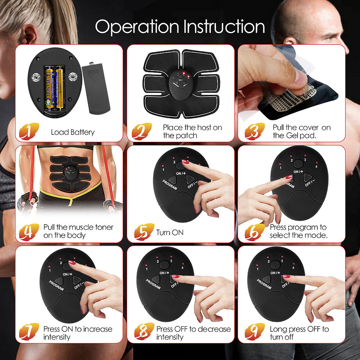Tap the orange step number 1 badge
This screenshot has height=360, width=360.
[x=29, y=131]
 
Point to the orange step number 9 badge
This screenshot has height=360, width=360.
[x=255, y=332]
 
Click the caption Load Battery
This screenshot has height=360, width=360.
[x=73, y=132]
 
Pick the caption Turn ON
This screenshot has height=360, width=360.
[x=170, y=233]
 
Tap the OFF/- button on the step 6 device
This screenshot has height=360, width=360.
[x=307, y=178]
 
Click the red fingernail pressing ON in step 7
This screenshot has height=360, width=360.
[x=72, y=263]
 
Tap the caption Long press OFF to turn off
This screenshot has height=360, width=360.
[x=299, y=333]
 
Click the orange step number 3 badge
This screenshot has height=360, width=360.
[x=255, y=131]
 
